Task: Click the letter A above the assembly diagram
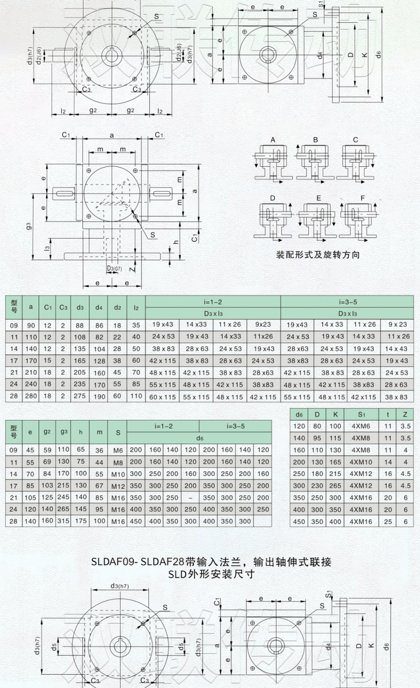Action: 273,140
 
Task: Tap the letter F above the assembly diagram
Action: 363,198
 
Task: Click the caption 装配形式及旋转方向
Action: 318,254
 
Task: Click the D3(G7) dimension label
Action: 114,268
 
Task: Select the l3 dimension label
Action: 47,248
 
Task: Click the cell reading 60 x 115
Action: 162,397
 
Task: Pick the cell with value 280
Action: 30,397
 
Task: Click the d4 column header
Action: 98,307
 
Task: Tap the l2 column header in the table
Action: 136,307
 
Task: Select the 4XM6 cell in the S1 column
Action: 361,426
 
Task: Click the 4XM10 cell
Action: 361,462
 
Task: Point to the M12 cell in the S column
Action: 118,485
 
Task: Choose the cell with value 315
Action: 64,521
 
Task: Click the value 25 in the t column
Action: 388,522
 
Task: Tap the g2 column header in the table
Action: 47,432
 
